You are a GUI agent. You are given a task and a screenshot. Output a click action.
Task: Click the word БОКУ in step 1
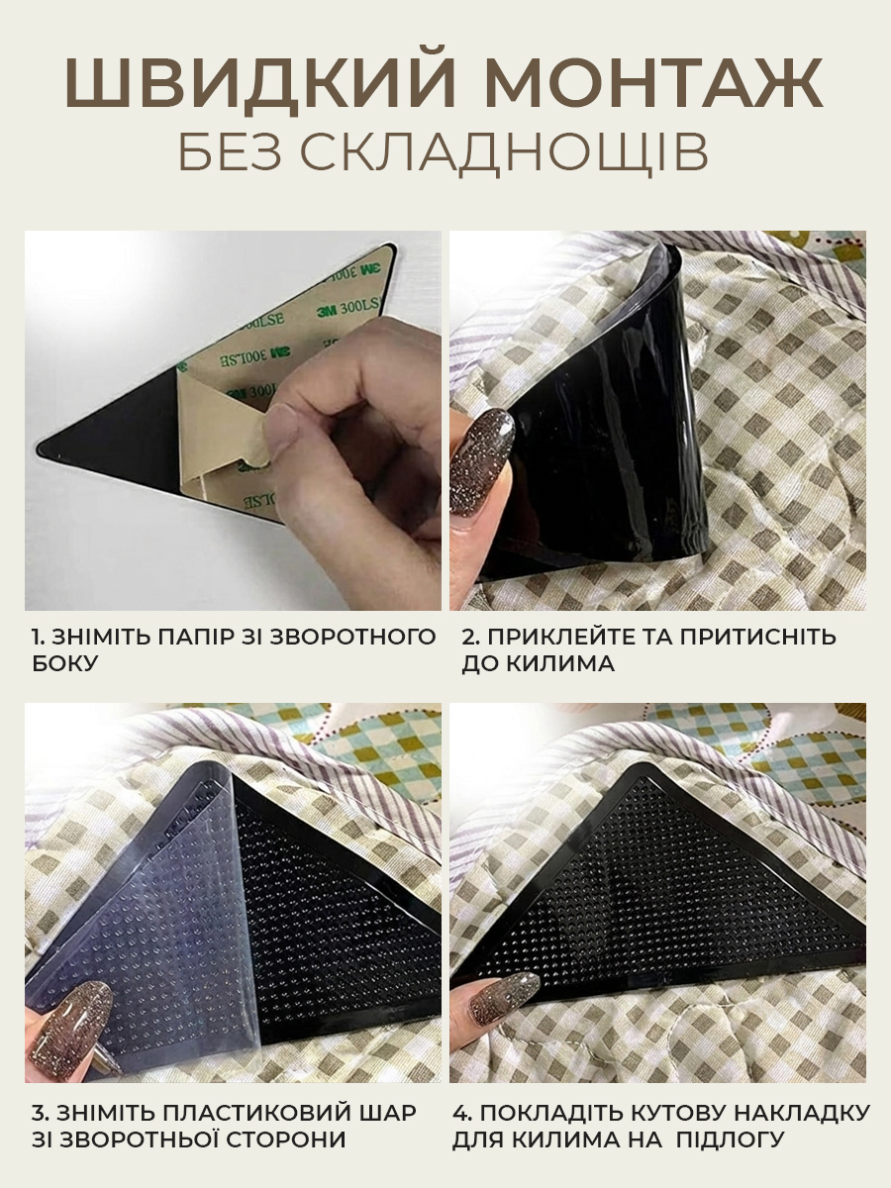point(65,663)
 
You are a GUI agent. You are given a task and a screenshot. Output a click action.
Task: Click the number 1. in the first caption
point(38,637)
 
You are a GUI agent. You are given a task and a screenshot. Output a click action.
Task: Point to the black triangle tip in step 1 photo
point(39,449)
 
